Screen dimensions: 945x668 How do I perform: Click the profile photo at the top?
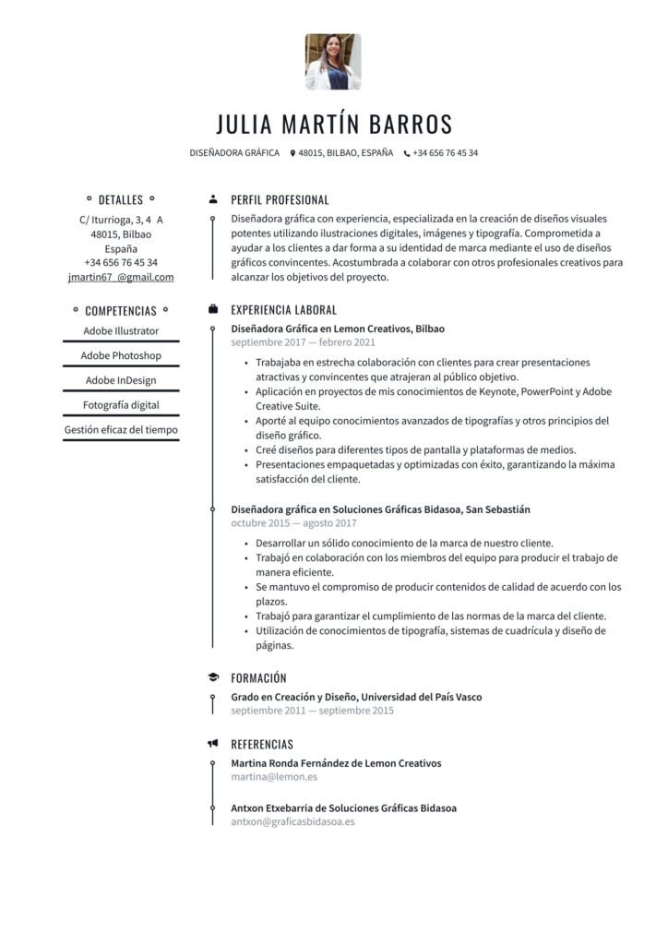[x=333, y=62]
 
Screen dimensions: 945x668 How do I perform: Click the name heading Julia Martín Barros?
[x=334, y=124]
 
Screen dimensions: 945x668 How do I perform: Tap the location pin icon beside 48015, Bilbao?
[x=292, y=153]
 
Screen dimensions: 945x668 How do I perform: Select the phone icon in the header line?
[x=406, y=153]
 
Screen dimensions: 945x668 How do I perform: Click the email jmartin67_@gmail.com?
[x=121, y=277]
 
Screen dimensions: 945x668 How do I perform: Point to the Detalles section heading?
[x=121, y=199]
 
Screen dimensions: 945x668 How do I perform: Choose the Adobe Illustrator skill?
[x=121, y=330]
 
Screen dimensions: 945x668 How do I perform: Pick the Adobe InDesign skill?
[x=121, y=380]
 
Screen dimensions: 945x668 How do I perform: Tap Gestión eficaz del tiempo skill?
[x=121, y=429]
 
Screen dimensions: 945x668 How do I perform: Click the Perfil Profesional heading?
[x=280, y=199]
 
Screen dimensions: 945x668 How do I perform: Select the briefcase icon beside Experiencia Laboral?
[x=213, y=310]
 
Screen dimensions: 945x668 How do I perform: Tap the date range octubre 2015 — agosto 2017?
[x=293, y=523]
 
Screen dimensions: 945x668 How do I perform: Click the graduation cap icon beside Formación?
[x=213, y=677]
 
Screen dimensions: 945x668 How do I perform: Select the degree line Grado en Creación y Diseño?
[x=356, y=697]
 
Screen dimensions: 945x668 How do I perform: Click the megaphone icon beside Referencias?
[x=213, y=744]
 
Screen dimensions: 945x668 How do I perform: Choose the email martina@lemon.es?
[x=274, y=777]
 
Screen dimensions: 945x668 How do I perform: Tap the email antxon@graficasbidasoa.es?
[x=292, y=821]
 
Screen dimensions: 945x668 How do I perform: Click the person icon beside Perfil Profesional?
[x=213, y=199]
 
